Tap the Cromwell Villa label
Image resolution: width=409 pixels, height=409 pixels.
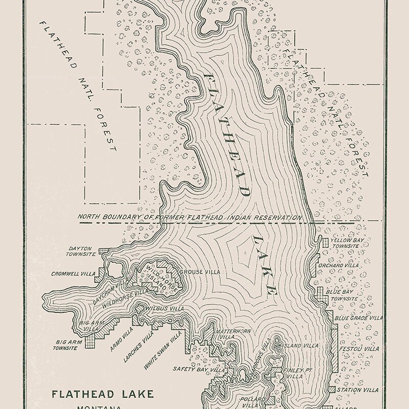pos(73,274)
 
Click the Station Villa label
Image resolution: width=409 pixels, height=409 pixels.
pos(358,390)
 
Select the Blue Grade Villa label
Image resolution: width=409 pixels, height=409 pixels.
pos(358,318)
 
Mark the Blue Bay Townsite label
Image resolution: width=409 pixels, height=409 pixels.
pos(342,294)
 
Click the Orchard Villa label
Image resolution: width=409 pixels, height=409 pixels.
pos(345,266)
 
